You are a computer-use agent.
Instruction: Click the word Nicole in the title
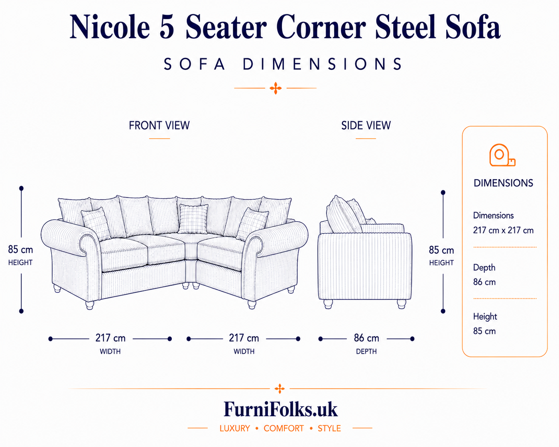110,27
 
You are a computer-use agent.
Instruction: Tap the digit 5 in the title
167,27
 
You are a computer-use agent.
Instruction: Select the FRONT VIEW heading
159,125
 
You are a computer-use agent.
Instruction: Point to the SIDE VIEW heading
366,125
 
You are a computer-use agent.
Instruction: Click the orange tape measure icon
502,155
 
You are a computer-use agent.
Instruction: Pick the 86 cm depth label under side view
366,338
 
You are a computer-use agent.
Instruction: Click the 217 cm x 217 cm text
503,230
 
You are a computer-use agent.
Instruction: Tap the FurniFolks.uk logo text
281,410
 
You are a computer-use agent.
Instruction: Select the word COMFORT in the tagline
283,428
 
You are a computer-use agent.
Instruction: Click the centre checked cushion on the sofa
193,219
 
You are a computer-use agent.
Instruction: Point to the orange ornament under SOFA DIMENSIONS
276,88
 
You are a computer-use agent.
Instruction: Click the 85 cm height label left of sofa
20,250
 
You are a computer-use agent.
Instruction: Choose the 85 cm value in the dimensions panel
484,331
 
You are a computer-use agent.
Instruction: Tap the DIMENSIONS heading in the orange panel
503,183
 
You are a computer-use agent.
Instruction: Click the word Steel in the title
405,27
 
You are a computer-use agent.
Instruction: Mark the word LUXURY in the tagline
234,428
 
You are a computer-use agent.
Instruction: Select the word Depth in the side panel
484,268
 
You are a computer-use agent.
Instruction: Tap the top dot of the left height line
21,188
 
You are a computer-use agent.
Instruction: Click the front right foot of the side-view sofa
402,304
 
